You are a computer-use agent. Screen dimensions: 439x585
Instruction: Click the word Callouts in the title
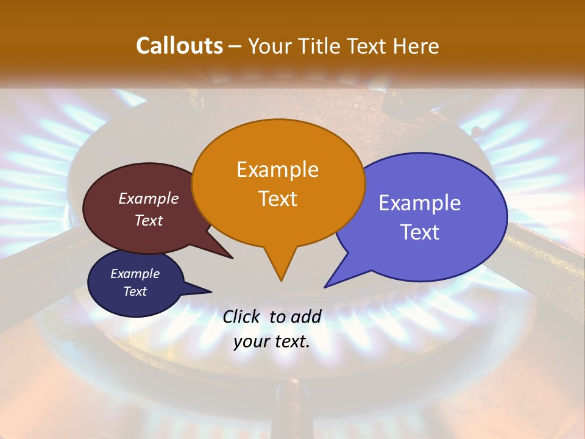coord(179,46)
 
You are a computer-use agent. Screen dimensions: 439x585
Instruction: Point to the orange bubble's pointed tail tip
coord(281,280)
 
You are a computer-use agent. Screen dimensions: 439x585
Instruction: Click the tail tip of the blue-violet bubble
coord(325,287)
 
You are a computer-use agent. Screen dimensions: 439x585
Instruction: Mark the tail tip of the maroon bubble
coord(232,258)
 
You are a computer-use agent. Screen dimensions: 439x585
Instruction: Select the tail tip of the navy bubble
coord(211,291)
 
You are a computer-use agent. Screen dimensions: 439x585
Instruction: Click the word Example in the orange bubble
coord(278,170)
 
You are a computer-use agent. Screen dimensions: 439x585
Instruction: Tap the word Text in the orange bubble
coord(278,199)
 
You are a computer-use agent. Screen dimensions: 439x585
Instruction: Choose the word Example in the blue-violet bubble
coord(420,203)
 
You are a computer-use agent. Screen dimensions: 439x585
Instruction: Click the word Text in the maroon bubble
coord(149,221)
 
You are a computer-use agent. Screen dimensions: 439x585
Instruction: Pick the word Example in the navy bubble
coord(135,274)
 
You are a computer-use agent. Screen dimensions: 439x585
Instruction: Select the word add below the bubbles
coord(305,316)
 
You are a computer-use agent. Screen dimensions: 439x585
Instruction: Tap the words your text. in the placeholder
coord(272,342)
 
